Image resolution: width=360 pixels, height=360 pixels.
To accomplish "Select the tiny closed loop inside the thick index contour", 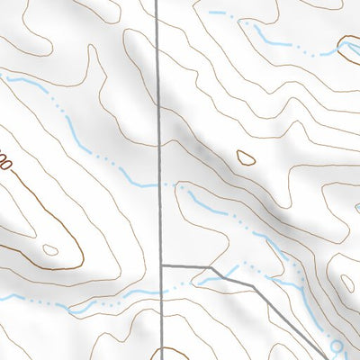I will [50, 249].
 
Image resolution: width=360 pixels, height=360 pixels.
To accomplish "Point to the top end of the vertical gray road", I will [157, 2].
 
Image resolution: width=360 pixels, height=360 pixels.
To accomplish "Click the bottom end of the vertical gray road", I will [164, 358].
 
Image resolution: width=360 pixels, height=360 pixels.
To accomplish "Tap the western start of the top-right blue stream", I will [211, 13].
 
